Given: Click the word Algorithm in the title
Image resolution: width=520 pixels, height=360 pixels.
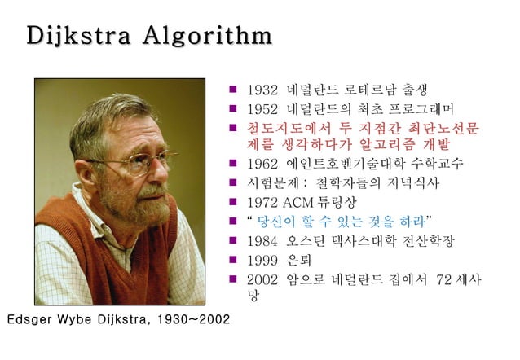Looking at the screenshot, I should [x=206, y=37].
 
